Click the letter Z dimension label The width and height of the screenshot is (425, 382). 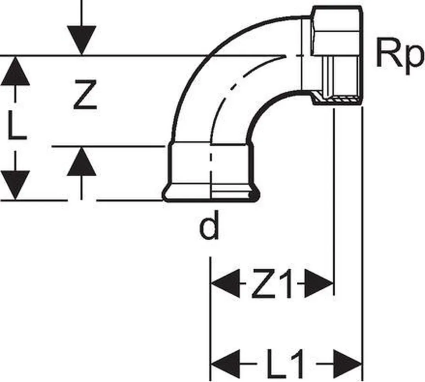pos(85,94)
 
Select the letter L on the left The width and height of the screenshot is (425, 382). pos(17,125)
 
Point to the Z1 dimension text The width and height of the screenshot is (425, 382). pos(272,283)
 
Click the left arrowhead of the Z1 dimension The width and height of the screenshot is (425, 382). pos(225,283)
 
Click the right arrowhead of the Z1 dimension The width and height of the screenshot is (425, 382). pos(319,283)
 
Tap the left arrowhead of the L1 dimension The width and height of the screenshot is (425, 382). pos(225,364)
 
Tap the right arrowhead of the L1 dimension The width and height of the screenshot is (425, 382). pos(347,364)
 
